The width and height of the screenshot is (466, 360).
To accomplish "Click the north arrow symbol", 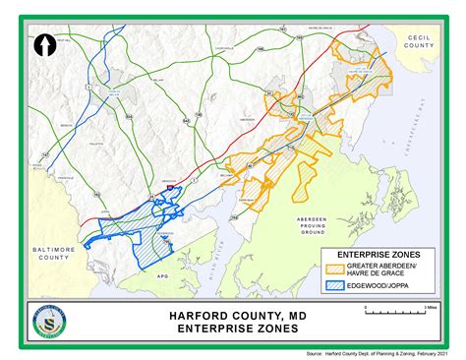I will [43, 45].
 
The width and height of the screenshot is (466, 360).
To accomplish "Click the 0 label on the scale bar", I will [366, 307].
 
